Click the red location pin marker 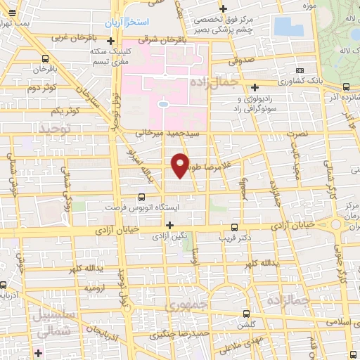point(180,165)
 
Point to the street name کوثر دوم point(42,88)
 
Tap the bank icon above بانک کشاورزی point(301,70)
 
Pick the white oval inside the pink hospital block point(164,104)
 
